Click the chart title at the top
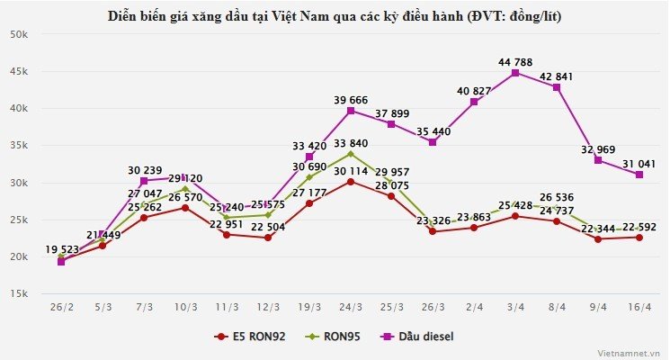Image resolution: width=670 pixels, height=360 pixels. [335, 16]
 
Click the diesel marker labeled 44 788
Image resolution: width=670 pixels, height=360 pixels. [515, 73]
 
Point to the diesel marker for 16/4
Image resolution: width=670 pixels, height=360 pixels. [639, 175]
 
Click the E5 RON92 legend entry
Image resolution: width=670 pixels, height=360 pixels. [253, 337]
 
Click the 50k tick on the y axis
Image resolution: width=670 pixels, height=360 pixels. [20, 34]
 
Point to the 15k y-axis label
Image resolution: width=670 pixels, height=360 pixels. [20, 294]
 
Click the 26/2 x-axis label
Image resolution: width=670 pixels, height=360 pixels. [61, 308]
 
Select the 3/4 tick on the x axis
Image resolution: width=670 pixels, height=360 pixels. [515, 308]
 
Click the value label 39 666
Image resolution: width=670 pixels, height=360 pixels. [351, 99]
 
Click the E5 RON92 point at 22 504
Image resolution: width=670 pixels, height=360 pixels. [268, 238]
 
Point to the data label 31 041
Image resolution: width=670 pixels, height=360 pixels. [639, 163]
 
